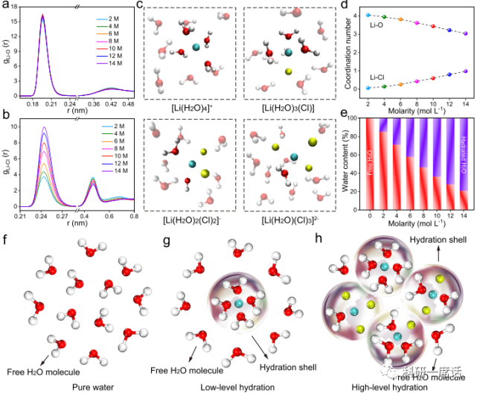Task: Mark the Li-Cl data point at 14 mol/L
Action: tap(466, 71)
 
